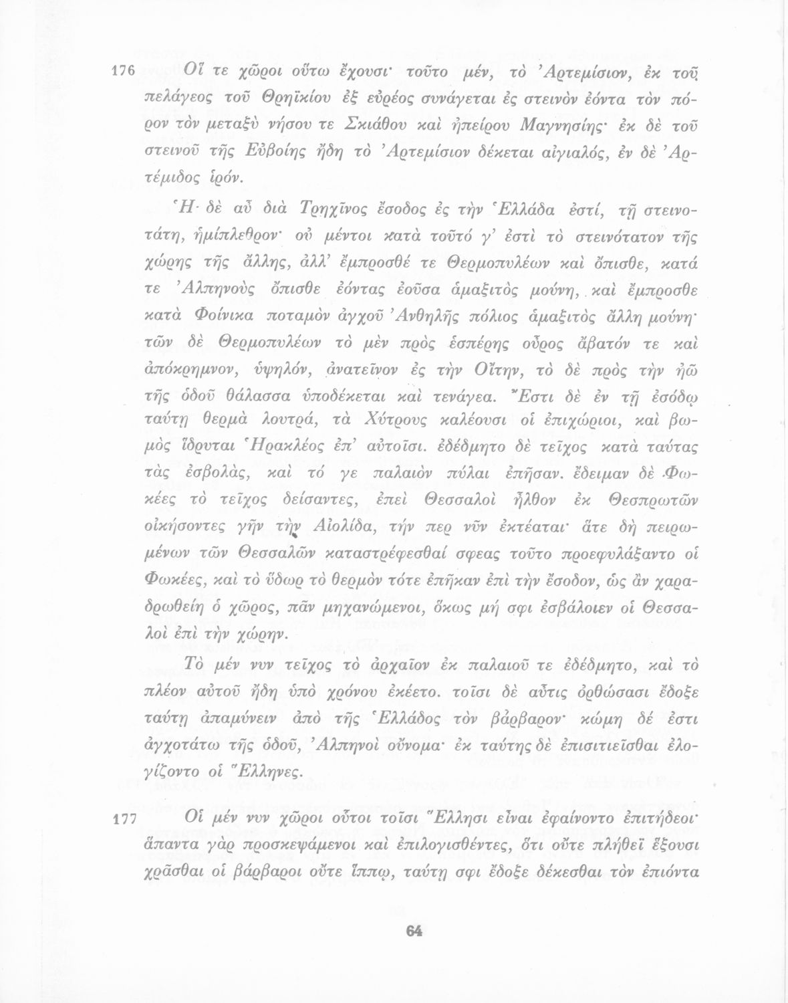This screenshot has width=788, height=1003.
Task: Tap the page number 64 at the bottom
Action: tap(415, 931)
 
